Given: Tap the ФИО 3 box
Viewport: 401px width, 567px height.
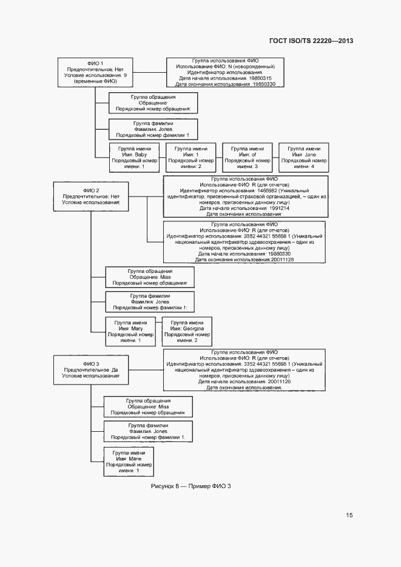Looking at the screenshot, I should click(x=90, y=369).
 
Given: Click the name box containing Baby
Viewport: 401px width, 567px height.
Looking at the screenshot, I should click(x=134, y=157).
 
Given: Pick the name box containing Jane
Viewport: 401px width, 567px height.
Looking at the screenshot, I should click(x=304, y=157).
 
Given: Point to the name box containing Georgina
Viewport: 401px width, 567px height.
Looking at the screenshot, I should click(x=187, y=331).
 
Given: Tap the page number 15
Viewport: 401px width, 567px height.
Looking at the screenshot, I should click(x=349, y=515).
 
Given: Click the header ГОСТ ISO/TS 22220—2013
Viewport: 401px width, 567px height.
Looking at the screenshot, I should click(x=311, y=41).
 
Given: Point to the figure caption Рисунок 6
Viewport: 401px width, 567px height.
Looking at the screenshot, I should click(x=191, y=486).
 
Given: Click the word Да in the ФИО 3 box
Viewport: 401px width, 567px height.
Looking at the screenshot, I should click(x=115, y=369).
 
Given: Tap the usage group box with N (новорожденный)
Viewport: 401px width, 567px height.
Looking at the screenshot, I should click(x=225, y=73).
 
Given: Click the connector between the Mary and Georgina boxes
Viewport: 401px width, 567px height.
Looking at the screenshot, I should click(x=157, y=331).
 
